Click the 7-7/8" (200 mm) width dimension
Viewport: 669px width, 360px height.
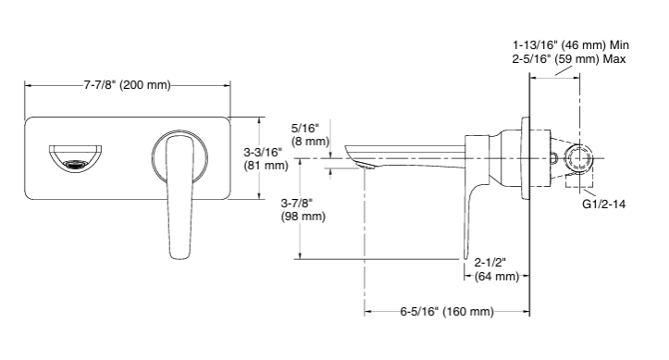click(x=128, y=85)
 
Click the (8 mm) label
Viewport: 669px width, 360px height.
click(x=309, y=142)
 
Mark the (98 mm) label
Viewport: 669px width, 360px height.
click(x=303, y=217)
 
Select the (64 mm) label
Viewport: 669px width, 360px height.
click(x=495, y=276)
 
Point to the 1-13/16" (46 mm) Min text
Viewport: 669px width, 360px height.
click(x=571, y=44)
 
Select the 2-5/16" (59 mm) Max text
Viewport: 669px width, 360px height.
click(x=571, y=58)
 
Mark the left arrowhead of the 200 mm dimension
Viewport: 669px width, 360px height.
click(x=29, y=85)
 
